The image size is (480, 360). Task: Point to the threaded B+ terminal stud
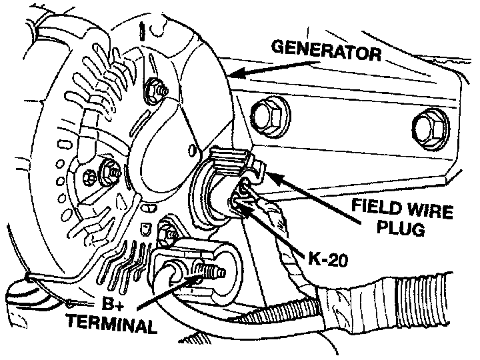coord(210,273)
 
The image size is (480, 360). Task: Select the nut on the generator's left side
coord(107,173)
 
